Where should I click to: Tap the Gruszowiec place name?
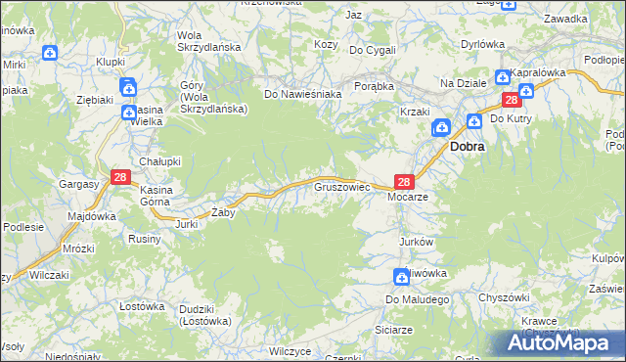[x=340, y=185]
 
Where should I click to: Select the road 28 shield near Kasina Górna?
[x=120, y=177]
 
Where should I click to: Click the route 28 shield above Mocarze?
[x=405, y=181]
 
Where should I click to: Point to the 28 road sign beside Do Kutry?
[x=511, y=100]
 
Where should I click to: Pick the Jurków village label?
[x=416, y=241]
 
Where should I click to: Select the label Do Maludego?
[x=416, y=298]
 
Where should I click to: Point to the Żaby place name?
[x=224, y=211]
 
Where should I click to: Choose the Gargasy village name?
[x=79, y=184]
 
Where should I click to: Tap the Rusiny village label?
[x=145, y=238]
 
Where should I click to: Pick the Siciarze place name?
[x=393, y=330]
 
